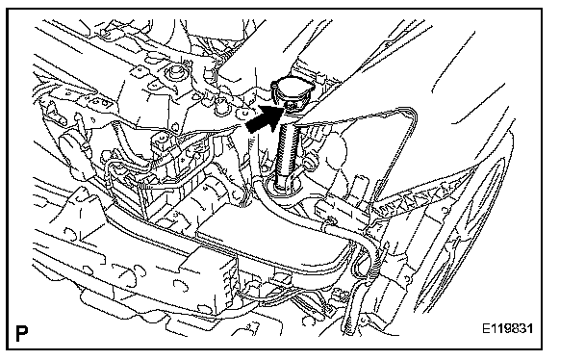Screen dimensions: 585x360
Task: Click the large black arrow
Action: point(263,118)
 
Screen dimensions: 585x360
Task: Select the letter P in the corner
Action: point(21,333)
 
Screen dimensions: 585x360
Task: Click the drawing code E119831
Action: point(508,328)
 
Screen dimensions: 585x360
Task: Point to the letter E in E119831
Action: point(487,328)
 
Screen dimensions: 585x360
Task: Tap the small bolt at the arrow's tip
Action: point(290,106)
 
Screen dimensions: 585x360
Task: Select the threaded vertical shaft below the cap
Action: point(287,149)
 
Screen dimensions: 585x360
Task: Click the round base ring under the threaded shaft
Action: point(283,188)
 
